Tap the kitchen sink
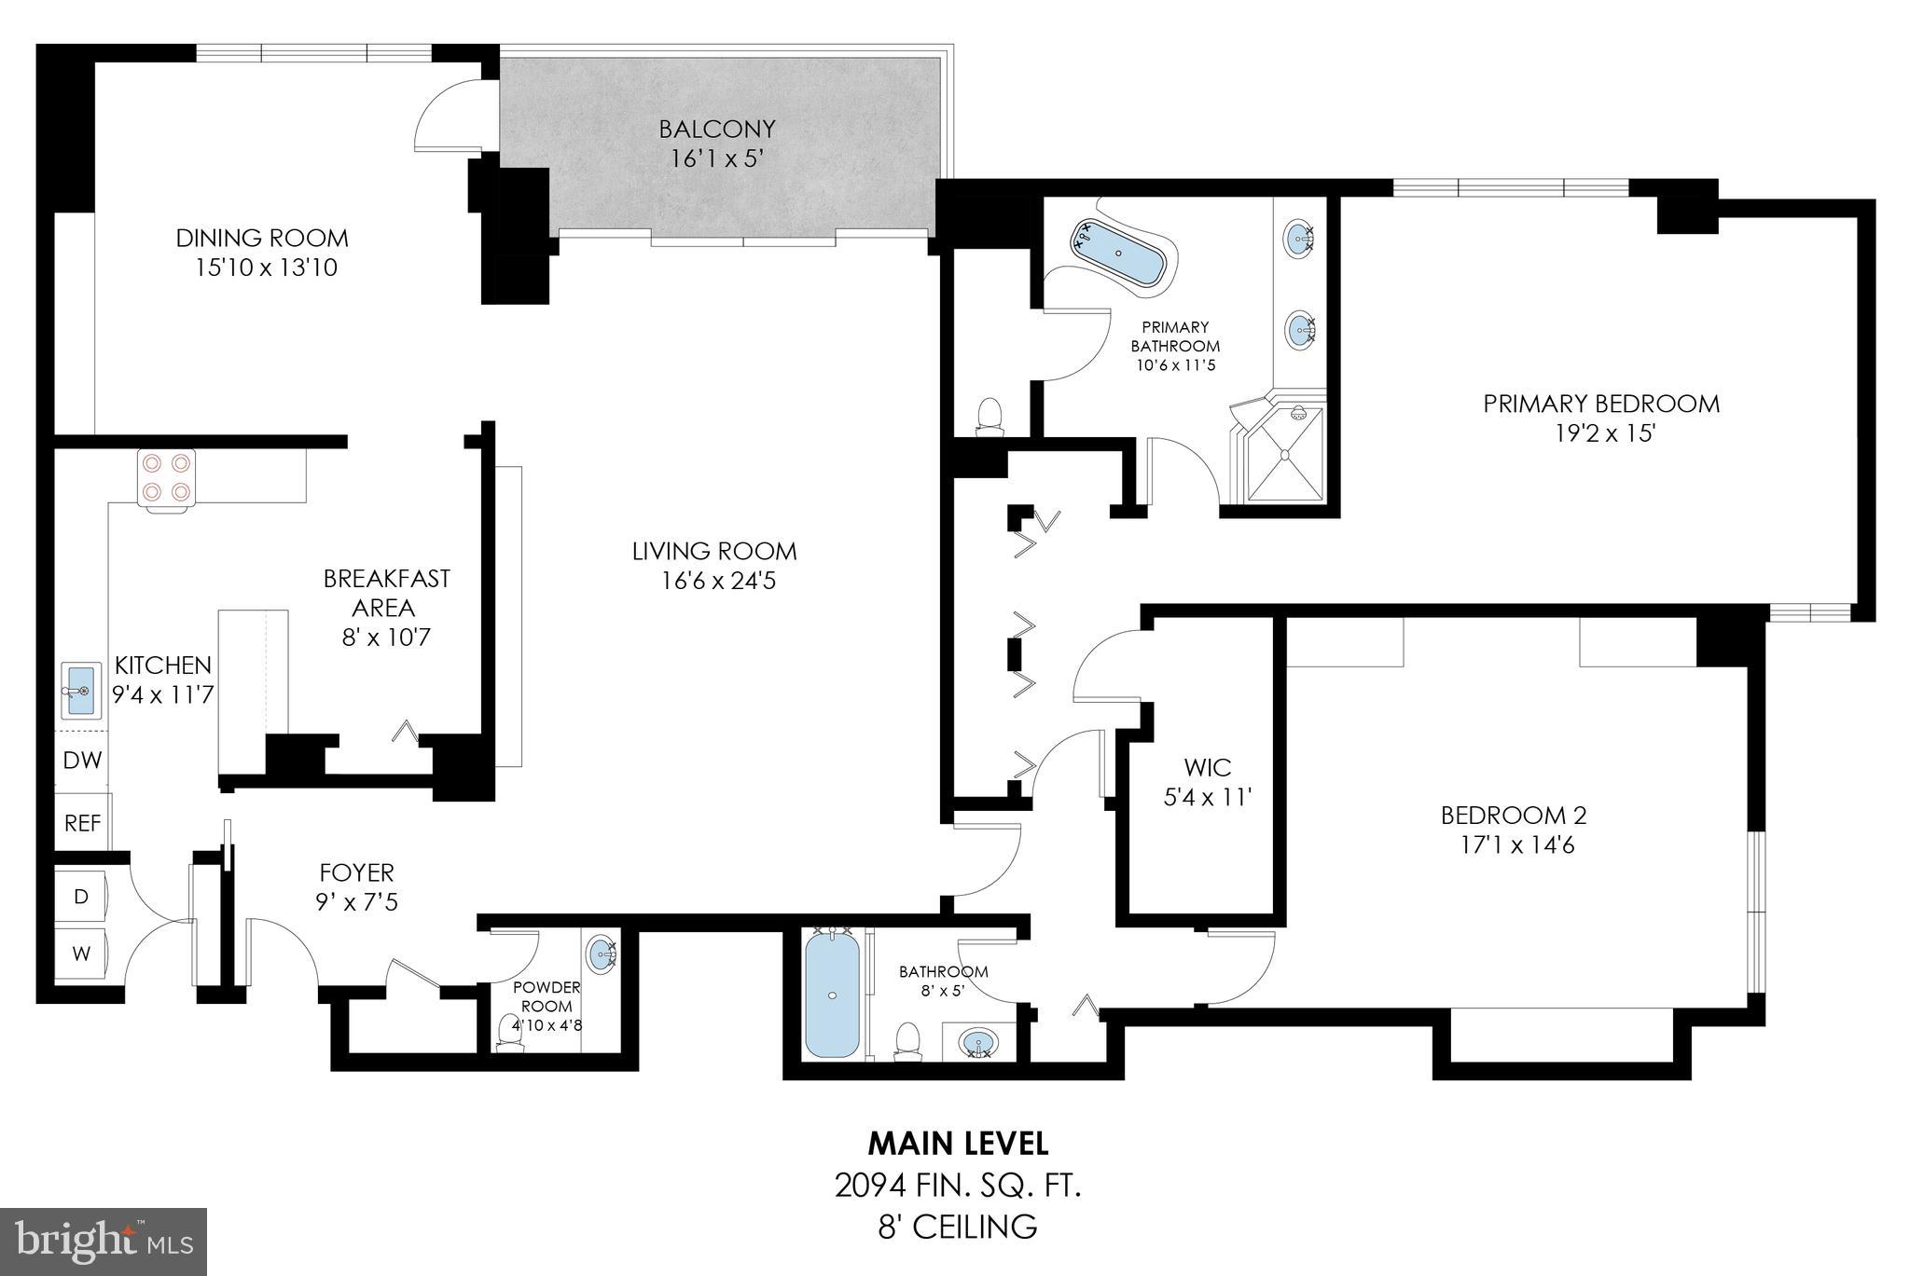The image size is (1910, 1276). pyautogui.click(x=80, y=691)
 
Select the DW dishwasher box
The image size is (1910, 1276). pyautogui.click(x=82, y=761)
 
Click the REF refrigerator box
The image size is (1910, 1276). pyautogui.click(x=82, y=823)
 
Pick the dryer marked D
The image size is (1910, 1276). pyautogui.click(x=81, y=896)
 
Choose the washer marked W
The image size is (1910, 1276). pyautogui.click(x=81, y=954)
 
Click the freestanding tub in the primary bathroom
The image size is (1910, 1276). pyautogui.click(x=1120, y=253)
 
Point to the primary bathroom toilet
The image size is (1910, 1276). pyautogui.click(x=989, y=417)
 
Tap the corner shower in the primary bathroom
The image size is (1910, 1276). pyautogui.click(x=1285, y=455)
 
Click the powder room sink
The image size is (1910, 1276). pyautogui.click(x=602, y=954)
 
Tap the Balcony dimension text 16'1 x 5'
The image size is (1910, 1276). pyautogui.click(x=716, y=159)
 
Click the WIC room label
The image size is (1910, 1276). pyautogui.click(x=1207, y=767)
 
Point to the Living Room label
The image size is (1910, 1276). pyautogui.click(x=714, y=551)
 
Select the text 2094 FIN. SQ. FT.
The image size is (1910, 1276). pyautogui.click(x=957, y=1187)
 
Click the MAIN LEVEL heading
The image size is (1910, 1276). pyautogui.click(x=958, y=1143)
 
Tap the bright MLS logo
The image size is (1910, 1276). pyautogui.click(x=104, y=1241)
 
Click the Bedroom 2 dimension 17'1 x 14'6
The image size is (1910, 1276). pyautogui.click(x=1513, y=845)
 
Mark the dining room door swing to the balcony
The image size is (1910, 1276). pyautogui.click(x=446, y=114)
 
